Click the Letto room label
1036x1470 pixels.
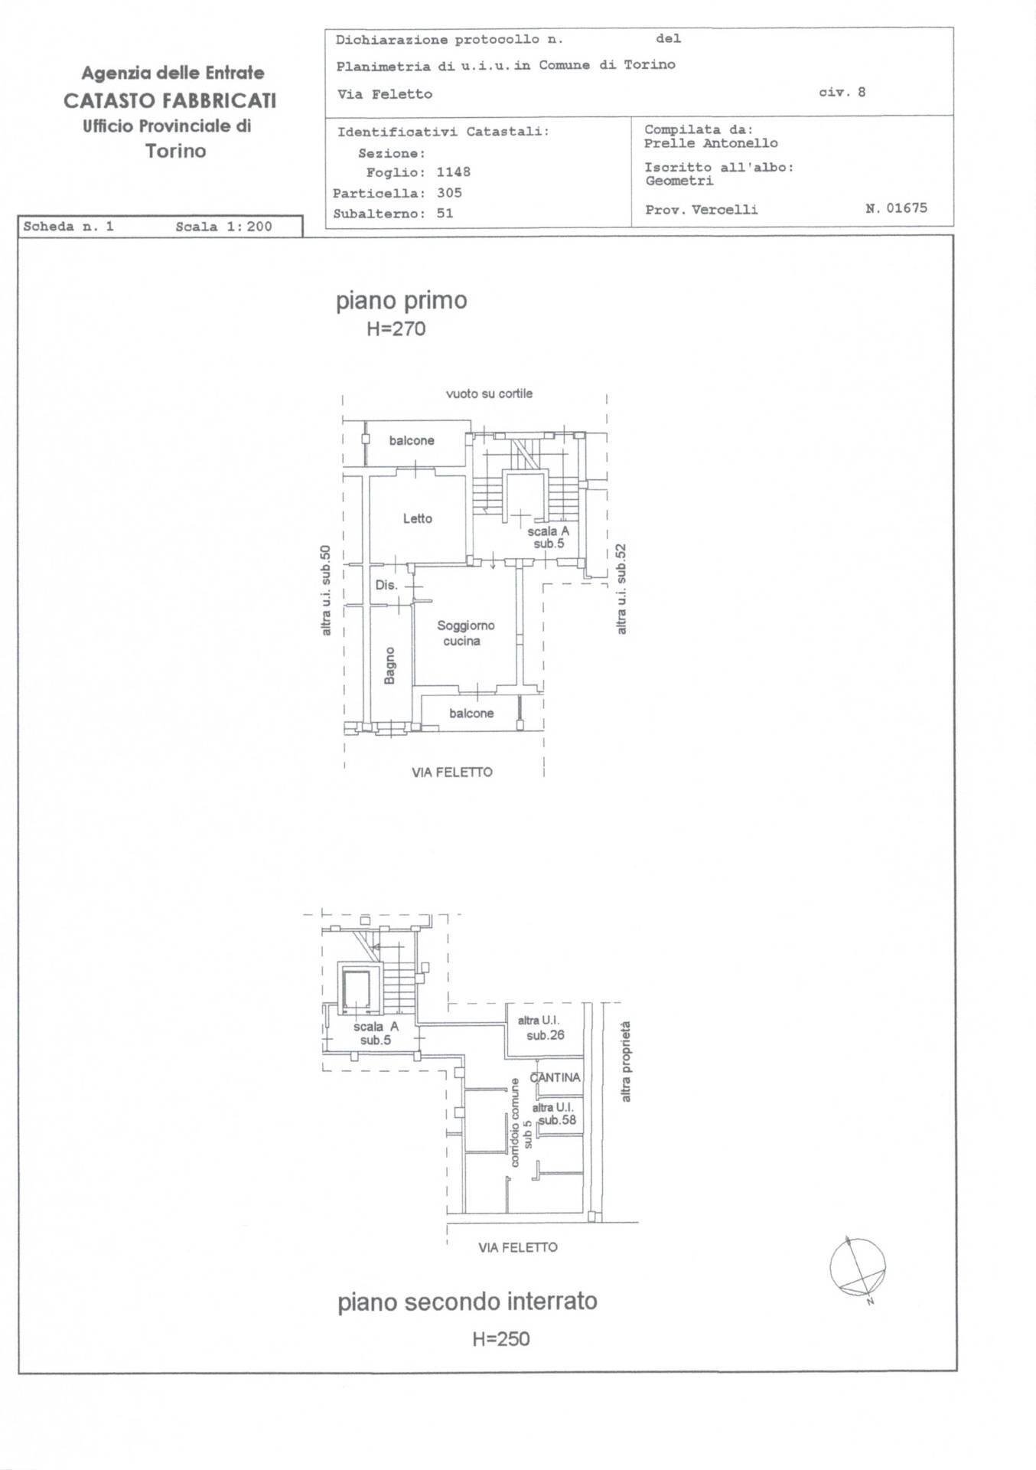(418, 518)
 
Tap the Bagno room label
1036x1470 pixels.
(390, 665)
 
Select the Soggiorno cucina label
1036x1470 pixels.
(465, 633)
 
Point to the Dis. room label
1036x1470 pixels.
(386, 585)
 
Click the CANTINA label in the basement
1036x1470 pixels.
(555, 1077)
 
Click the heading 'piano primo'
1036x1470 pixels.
(402, 301)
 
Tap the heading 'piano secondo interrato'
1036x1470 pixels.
(468, 1302)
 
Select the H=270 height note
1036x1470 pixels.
(396, 329)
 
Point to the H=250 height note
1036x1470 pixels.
(501, 1339)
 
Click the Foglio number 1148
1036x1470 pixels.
(454, 172)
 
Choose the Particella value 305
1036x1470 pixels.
(449, 193)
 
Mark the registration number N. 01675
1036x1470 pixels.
(896, 208)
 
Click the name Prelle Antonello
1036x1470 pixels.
(711, 143)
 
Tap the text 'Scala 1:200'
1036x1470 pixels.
(223, 227)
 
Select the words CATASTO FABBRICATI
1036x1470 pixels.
(170, 100)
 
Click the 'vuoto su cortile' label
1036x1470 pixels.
(489, 394)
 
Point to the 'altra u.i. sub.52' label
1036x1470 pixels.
(621, 589)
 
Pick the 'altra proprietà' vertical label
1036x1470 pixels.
(626, 1061)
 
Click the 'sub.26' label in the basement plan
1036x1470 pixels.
(546, 1036)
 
